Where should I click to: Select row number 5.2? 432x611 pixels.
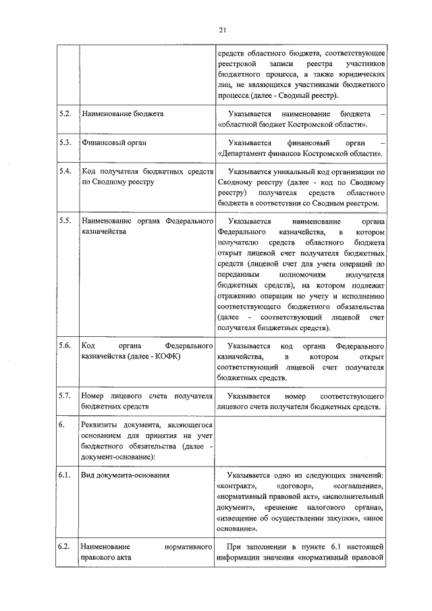coord(65,114)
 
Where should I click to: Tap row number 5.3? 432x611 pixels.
coord(65,143)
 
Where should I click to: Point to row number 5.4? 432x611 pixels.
coord(65,171)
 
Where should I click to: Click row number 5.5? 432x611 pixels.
coord(65,221)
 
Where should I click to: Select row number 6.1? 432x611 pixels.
coord(65,475)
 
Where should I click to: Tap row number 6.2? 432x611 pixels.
coord(65,545)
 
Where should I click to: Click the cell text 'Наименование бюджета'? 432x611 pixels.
coord(122,114)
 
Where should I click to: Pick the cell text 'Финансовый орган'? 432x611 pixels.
coord(114,143)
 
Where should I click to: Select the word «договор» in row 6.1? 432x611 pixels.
coord(293,487)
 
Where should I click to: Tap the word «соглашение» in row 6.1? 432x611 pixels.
coord(358,487)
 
